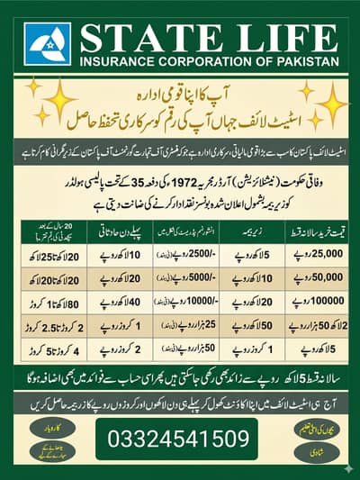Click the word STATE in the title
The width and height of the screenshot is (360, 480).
point(143,38)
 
